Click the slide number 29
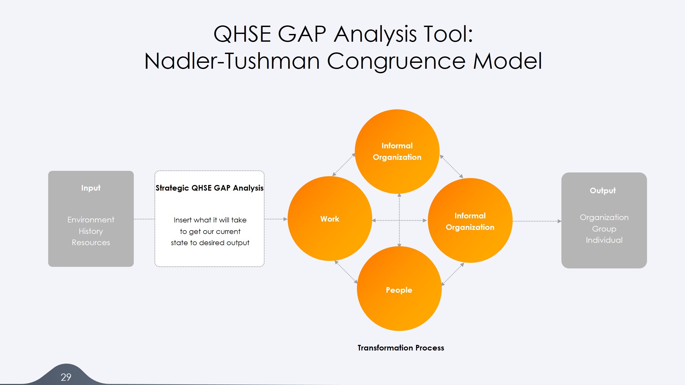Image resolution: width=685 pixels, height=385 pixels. click(66, 377)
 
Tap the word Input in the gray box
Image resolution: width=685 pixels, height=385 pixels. click(91, 188)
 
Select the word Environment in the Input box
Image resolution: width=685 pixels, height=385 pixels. click(91, 220)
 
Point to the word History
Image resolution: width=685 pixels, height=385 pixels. click(91, 231)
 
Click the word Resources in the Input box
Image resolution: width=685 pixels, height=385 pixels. click(91, 242)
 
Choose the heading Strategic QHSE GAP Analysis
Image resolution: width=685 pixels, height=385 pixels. click(210, 188)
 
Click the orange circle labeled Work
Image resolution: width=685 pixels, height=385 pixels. click(330, 219)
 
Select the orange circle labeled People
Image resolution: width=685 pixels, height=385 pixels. click(399, 290)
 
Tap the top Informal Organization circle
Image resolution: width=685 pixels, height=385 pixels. click(397, 151)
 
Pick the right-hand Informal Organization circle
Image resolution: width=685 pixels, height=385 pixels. click(470, 221)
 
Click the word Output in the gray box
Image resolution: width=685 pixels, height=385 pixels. click(603, 191)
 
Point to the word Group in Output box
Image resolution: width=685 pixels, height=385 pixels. click(604, 229)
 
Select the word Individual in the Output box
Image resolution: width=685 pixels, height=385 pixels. click(604, 240)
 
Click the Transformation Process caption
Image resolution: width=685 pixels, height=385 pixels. click(401, 348)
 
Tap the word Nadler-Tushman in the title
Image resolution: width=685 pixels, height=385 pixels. click(232, 61)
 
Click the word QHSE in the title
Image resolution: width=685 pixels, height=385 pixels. click(242, 34)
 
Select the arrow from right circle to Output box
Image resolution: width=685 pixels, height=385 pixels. click(536, 221)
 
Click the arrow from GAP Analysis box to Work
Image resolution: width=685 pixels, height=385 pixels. click(276, 219)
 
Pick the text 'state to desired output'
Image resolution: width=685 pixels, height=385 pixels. click(210, 243)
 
